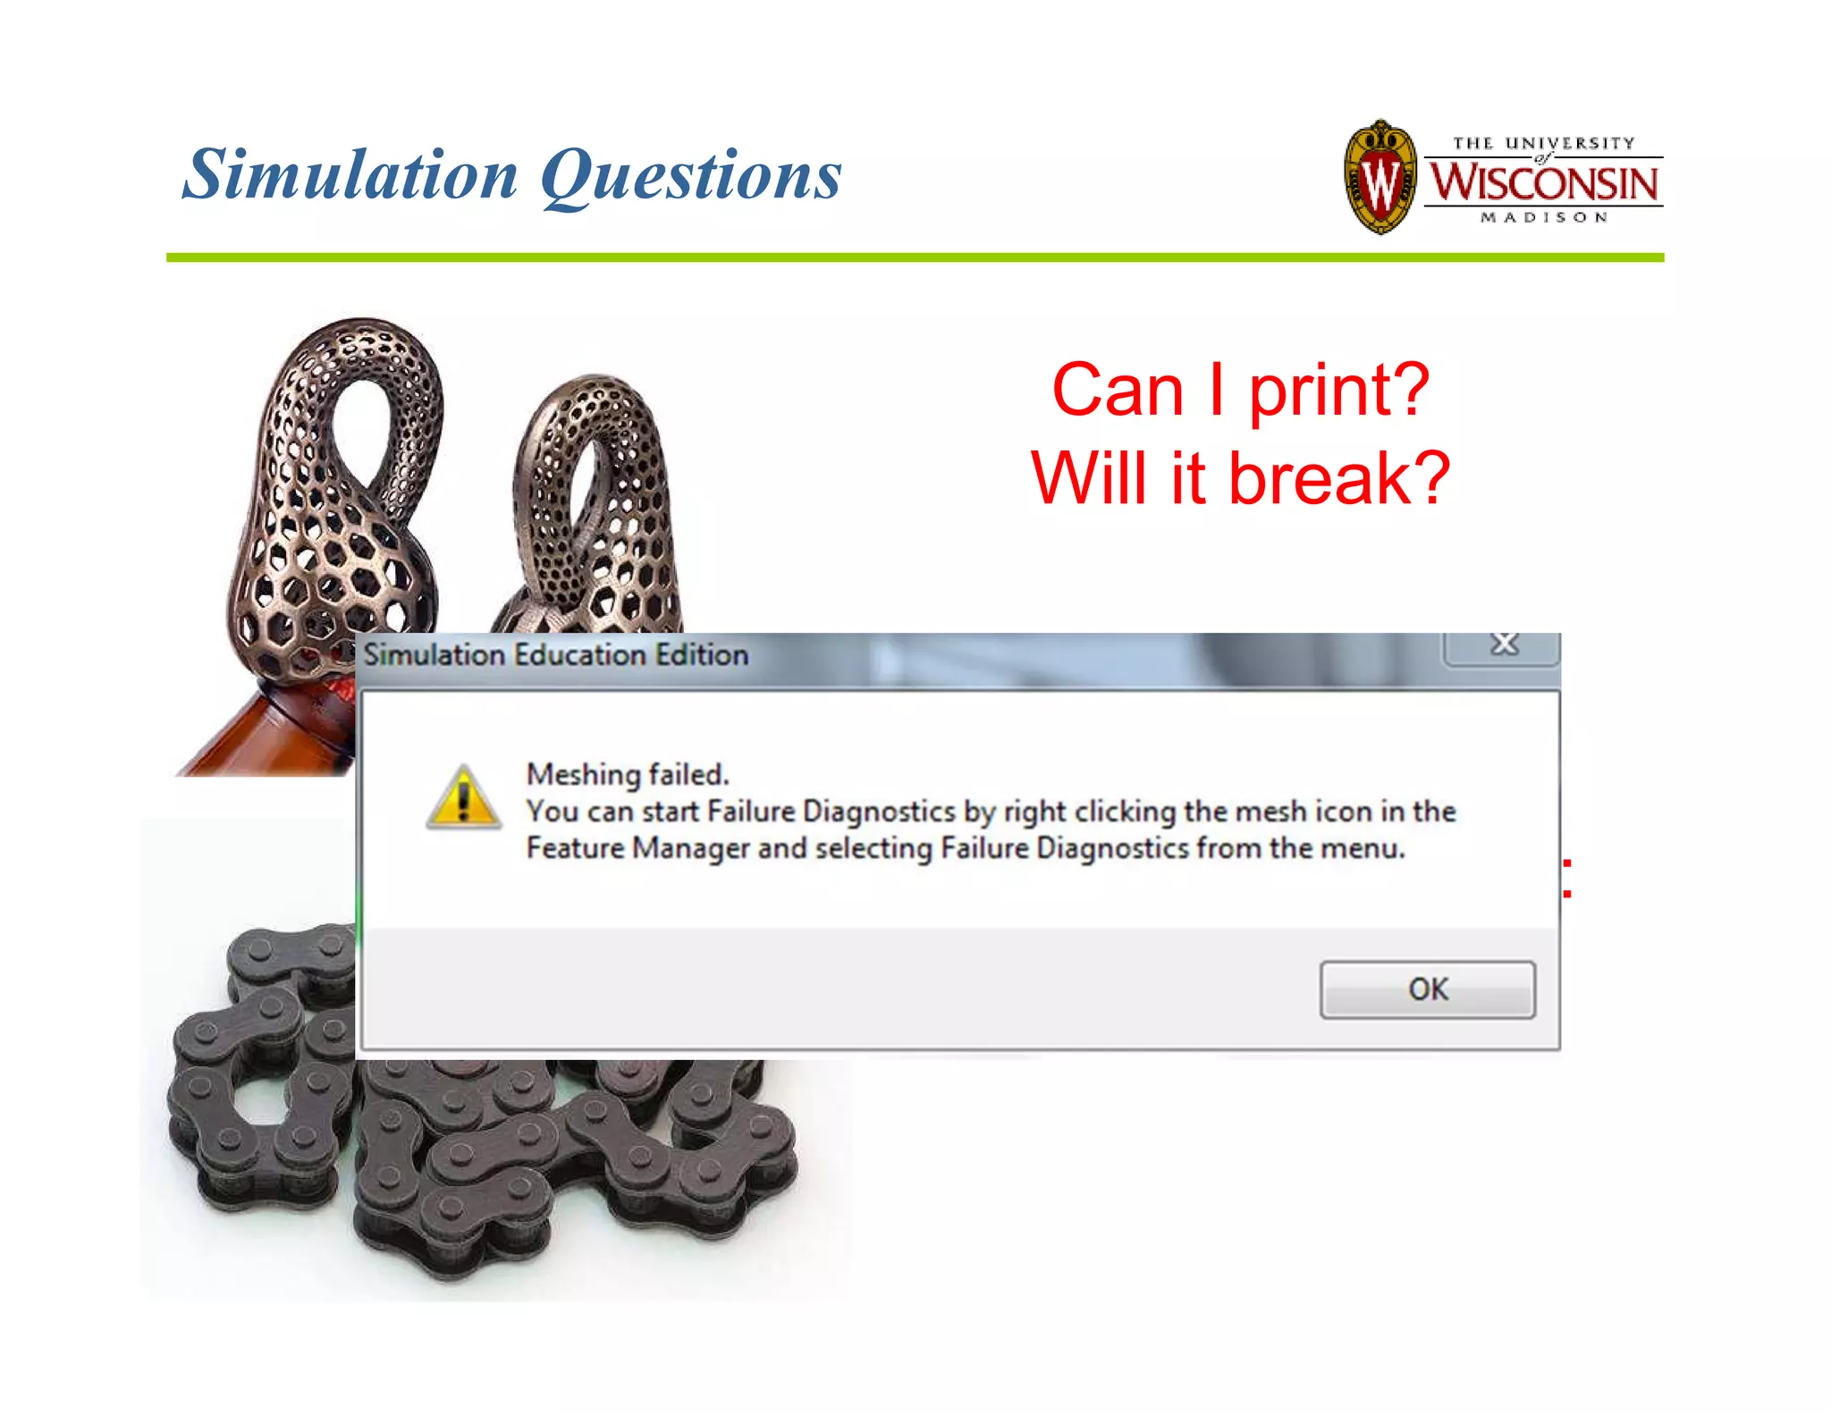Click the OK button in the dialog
click(1427, 989)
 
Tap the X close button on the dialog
click(1504, 644)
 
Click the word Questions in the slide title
click(691, 175)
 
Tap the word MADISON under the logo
click(1544, 217)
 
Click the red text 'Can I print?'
click(1240, 390)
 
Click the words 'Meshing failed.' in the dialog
click(628, 774)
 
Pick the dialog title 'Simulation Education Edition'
click(556, 655)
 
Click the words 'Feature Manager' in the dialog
click(637, 848)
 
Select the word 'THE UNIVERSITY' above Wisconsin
click(1543, 143)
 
